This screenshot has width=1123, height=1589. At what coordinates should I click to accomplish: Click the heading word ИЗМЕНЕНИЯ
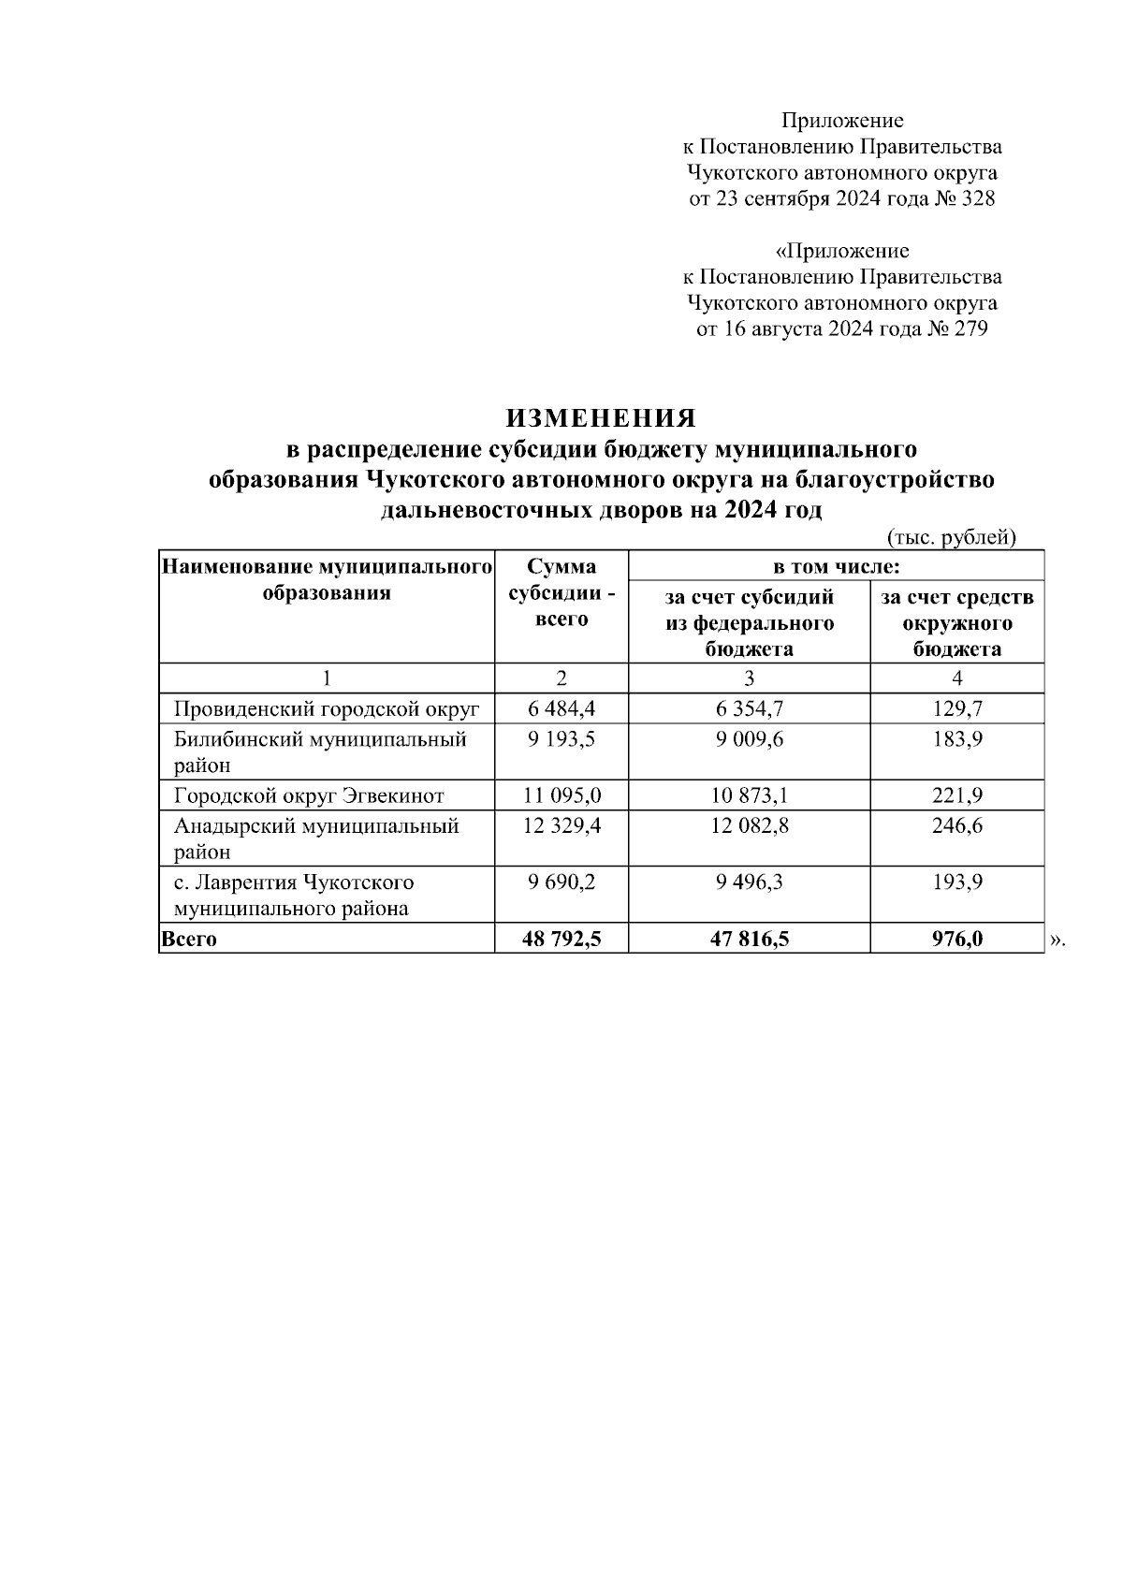pyautogui.click(x=601, y=417)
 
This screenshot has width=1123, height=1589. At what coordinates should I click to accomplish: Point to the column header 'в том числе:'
pyautogui.click(x=836, y=567)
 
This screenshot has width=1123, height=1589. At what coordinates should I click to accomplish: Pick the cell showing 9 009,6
pyautogui.click(x=749, y=739)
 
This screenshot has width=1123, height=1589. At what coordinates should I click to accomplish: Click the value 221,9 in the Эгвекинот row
pyautogui.click(x=956, y=796)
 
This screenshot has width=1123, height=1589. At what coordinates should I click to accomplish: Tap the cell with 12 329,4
pyautogui.click(x=561, y=826)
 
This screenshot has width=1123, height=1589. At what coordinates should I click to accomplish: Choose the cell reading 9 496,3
pyautogui.click(x=749, y=882)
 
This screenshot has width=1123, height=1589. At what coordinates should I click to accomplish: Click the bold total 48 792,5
pyautogui.click(x=561, y=939)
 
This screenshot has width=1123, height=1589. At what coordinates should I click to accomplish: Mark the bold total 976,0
pyautogui.click(x=956, y=939)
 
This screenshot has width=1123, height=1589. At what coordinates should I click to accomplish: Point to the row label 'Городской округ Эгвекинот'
pyautogui.click(x=309, y=796)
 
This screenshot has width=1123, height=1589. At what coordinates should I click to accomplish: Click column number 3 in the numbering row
pyautogui.click(x=749, y=678)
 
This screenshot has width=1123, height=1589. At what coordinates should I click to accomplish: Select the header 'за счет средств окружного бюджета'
pyautogui.click(x=956, y=623)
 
